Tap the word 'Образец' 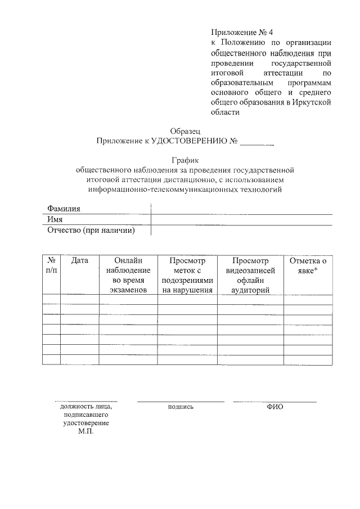184,130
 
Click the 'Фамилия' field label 64,208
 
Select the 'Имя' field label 55,219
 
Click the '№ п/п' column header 51,265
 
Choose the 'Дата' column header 80,261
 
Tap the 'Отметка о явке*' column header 308,265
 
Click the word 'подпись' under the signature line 181,407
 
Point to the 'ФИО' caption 275,407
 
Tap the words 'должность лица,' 86,407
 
